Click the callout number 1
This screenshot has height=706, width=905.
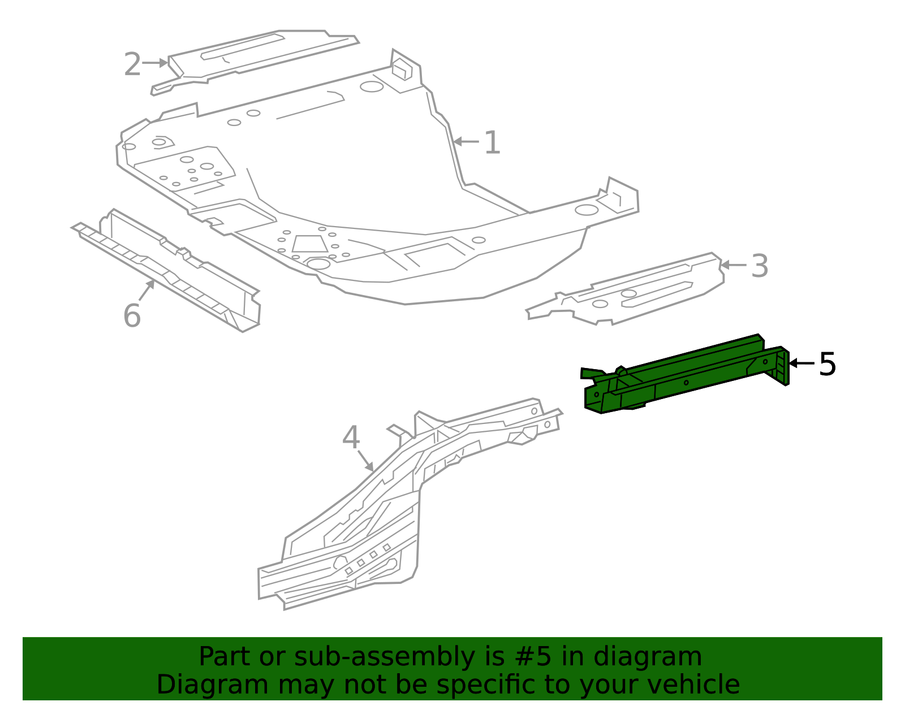point(492,143)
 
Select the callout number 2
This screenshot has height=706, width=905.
point(132,64)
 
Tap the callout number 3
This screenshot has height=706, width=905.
point(760,266)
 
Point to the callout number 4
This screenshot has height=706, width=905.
point(351,438)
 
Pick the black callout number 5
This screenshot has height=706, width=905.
point(827,364)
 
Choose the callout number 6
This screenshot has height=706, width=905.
point(131,315)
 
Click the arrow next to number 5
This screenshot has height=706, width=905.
point(801,363)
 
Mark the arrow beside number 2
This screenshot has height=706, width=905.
point(155,63)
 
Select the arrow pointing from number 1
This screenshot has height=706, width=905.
point(466,141)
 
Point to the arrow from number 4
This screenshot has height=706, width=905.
point(365,460)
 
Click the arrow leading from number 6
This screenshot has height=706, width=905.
point(146,291)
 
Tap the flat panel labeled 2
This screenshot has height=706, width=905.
point(255,57)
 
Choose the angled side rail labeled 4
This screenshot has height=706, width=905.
point(368,526)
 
